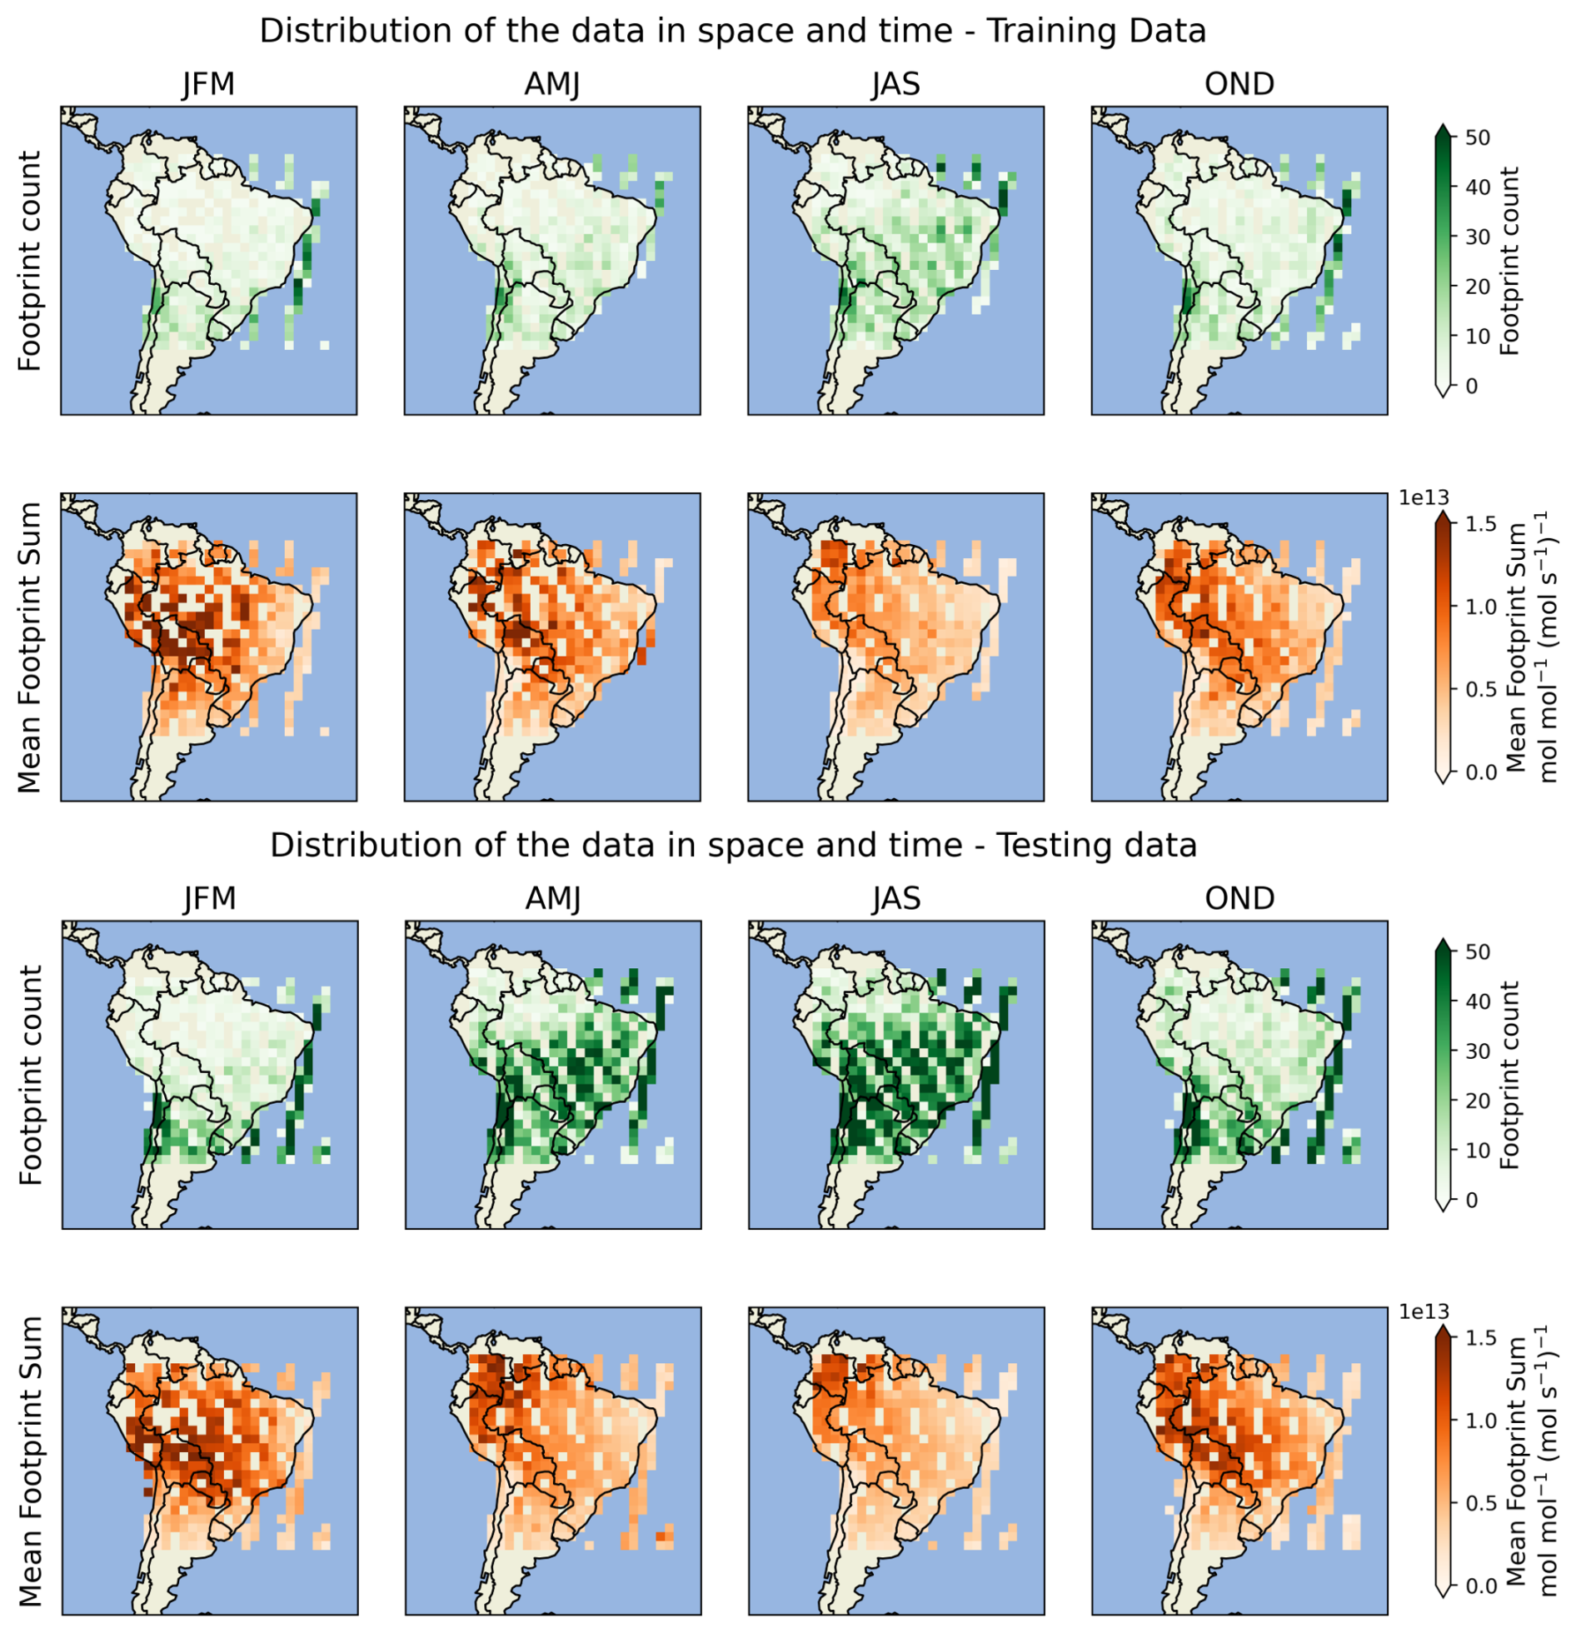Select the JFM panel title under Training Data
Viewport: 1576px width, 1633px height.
coord(208,84)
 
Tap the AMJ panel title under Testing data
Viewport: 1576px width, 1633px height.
coord(553,898)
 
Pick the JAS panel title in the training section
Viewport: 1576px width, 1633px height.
coord(895,84)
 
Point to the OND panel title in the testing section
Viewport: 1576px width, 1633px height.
coord(1239,898)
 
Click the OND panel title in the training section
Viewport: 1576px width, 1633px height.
coord(1239,84)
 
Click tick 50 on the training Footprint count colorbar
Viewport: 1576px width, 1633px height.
coord(1477,137)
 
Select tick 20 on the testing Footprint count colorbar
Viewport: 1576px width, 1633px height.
coord(1477,1101)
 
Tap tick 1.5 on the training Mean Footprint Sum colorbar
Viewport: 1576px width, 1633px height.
coord(1480,524)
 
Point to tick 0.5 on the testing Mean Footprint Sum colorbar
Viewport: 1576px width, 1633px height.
coord(1480,1503)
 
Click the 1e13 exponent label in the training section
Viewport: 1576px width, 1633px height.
coord(1423,497)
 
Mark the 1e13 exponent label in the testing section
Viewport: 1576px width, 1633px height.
coord(1423,1311)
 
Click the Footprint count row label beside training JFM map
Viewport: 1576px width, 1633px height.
coord(30,261)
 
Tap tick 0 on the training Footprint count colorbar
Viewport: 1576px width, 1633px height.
coord(1471,386)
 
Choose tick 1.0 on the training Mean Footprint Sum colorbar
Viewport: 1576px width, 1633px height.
coord(1480,607)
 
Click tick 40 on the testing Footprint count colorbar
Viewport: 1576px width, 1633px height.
coord(1477,1001)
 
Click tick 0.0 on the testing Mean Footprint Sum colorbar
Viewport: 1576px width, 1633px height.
coord(1480,1586)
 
